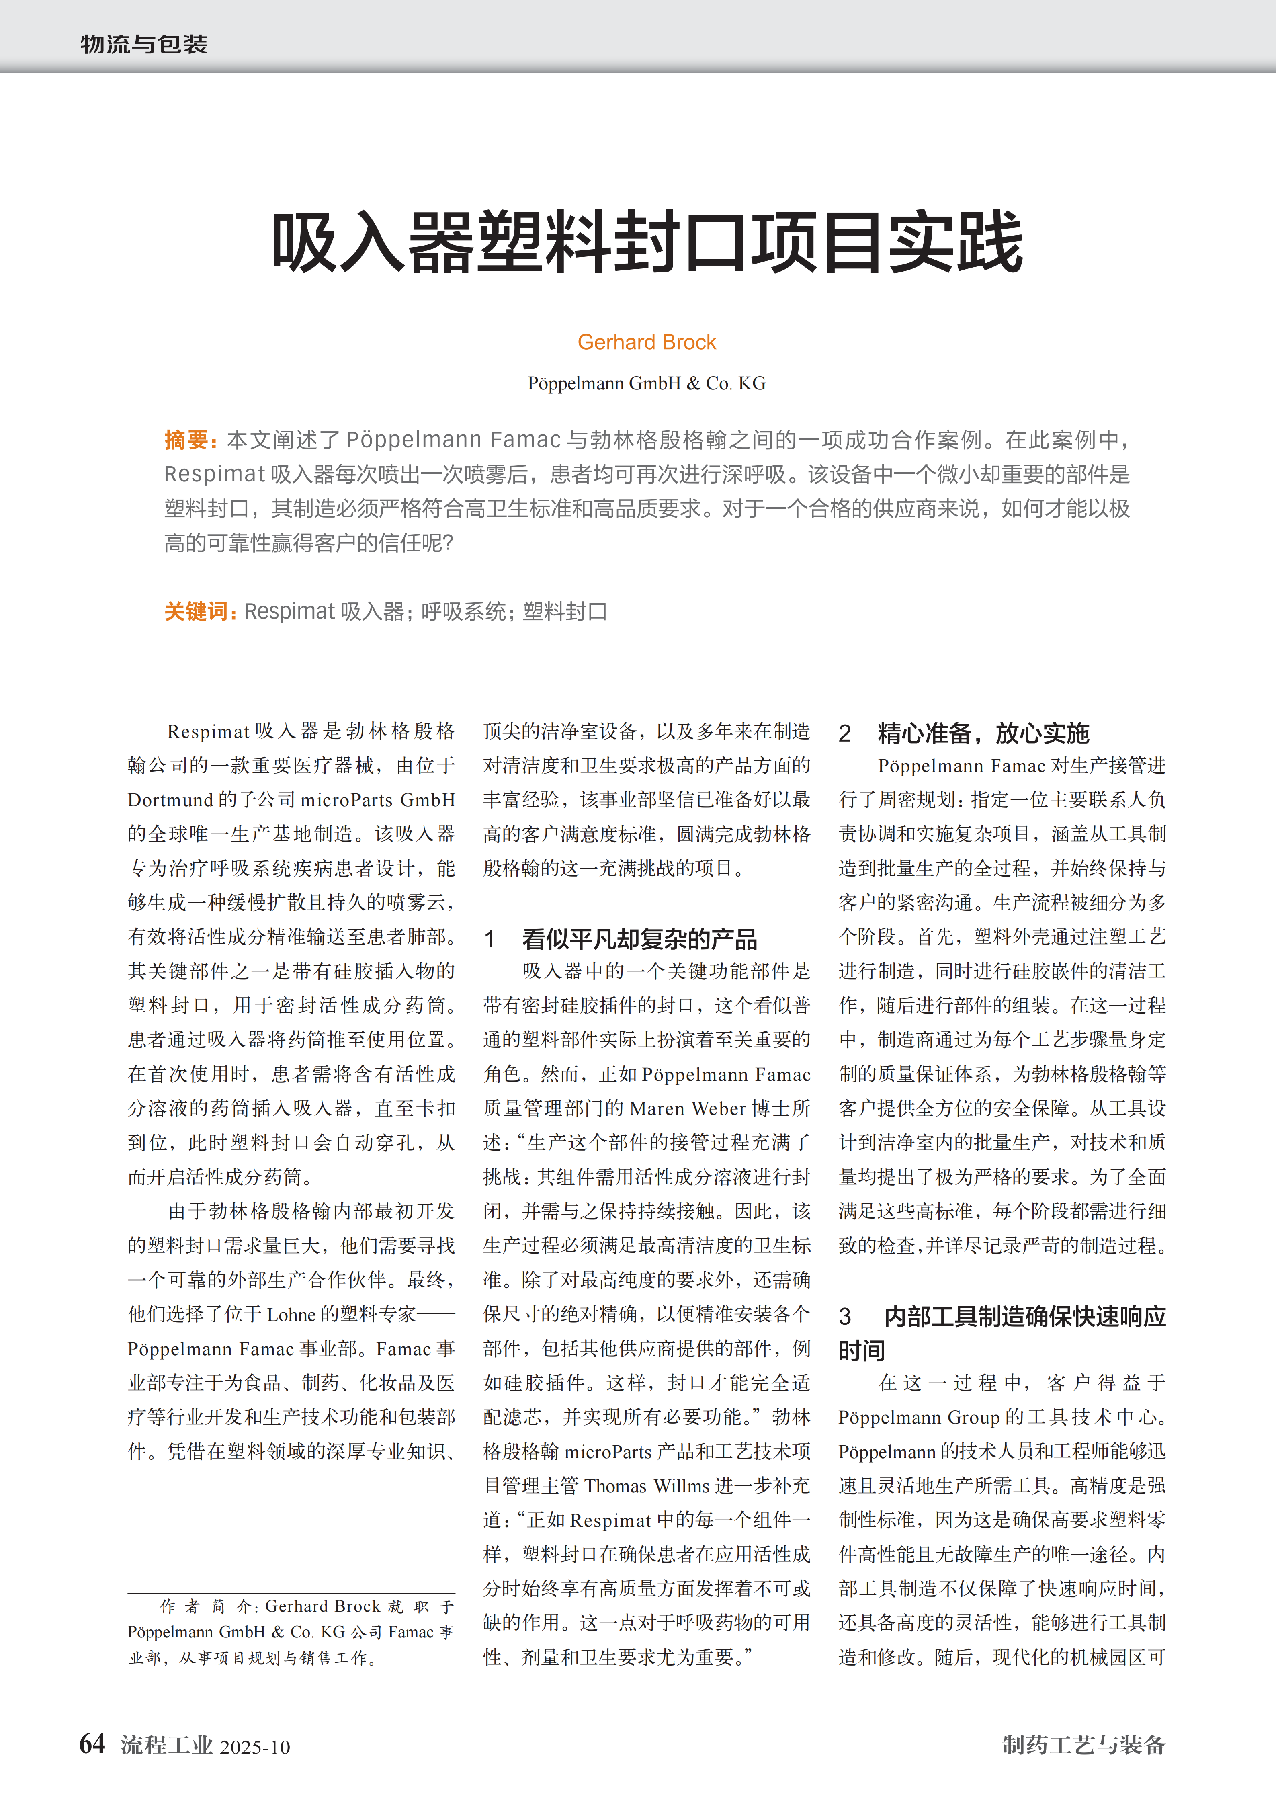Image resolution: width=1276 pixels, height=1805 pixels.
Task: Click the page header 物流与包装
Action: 144,44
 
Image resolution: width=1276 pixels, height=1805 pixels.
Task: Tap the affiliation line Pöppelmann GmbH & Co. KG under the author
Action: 646,384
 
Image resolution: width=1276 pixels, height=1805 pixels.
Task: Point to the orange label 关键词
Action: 199,612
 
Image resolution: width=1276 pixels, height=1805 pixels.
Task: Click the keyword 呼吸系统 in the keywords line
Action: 463,612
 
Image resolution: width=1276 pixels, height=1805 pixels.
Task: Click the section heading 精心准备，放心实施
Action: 983,733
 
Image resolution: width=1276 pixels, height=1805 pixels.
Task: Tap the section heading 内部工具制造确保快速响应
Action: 1024,1316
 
